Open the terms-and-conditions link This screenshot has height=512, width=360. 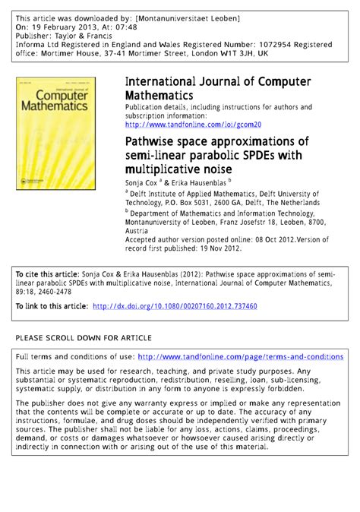[240, 356]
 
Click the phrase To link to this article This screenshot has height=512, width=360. [51, 306]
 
